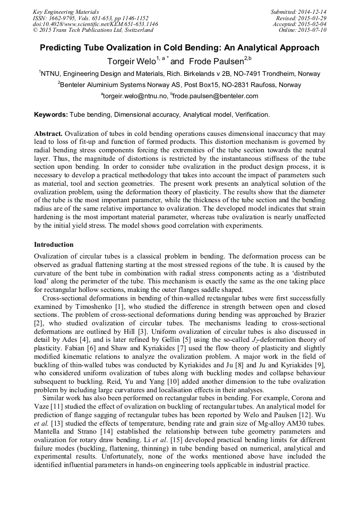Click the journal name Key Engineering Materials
[x=66, y=12]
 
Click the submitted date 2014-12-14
[x=314, y=12]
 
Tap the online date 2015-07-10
[x=314, y=30]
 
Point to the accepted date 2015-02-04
[x=314, y=24]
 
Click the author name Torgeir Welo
[x=133, y=61]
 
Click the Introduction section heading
[x=54, y=245]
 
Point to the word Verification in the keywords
[x=250, y=115]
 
